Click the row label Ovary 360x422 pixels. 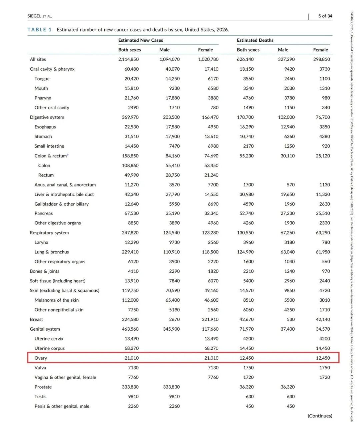[41, 358]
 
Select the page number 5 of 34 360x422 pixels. [325, 16]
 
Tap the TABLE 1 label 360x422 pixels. [39, 30]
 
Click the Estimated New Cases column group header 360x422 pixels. [140, 40]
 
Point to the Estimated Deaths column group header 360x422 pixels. [255, 40]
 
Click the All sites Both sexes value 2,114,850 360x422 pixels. [128, 59]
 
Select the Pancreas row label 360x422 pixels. [44, 213]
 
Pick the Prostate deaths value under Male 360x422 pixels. [287, 387]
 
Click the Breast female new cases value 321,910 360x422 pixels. [210, 319]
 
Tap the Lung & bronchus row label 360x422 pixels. [52, 252]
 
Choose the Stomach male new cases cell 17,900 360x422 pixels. [173, 136]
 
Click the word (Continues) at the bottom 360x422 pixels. [320, 416]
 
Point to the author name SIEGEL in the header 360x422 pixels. [34, 16]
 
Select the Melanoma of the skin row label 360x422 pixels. [57, 300]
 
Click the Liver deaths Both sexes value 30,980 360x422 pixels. [246, 194]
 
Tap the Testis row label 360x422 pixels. [40, 397]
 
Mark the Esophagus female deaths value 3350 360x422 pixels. [324, 127]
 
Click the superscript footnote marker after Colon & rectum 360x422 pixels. [68, 154]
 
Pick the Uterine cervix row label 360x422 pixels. [49, 339]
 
